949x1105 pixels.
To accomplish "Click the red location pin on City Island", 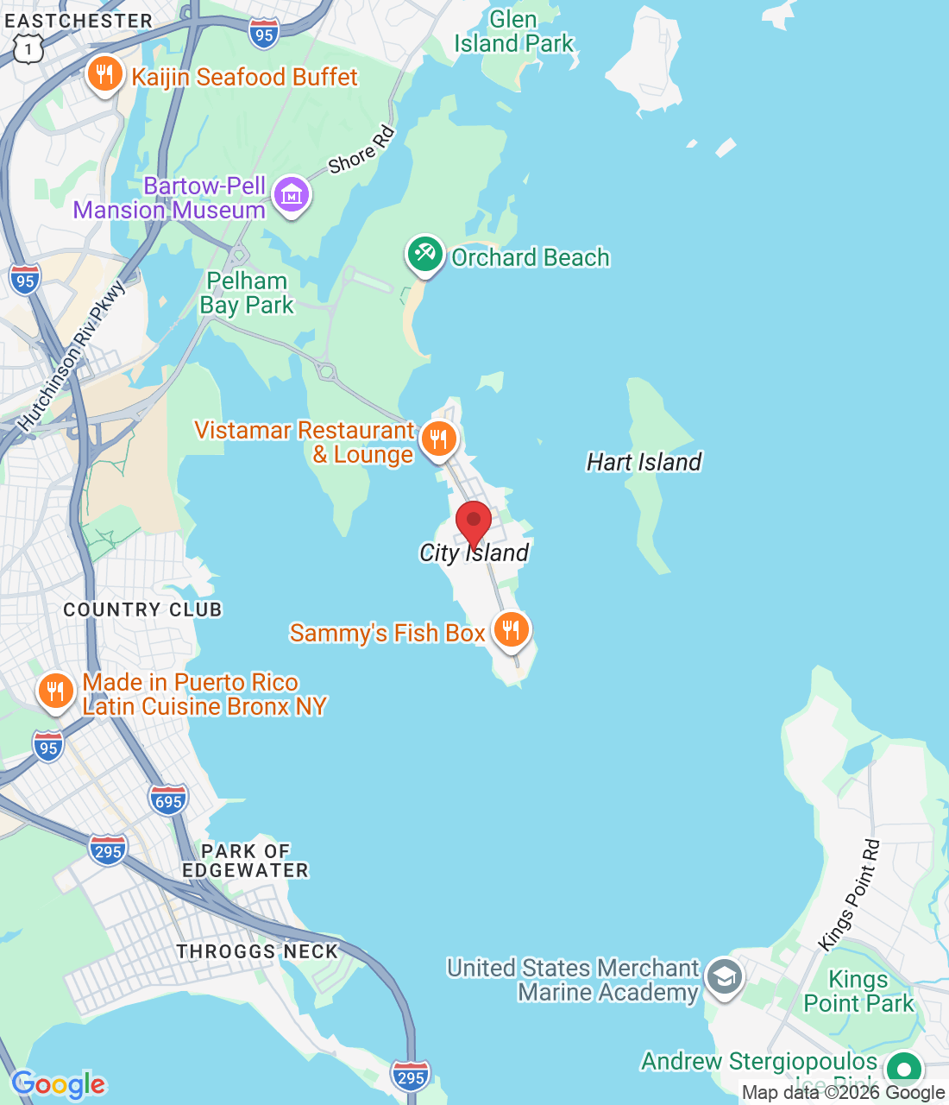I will click(x=473, y=521).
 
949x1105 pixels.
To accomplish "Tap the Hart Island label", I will click(x=644, y=463).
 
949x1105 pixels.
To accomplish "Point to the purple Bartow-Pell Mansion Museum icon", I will click(x=291, y=196).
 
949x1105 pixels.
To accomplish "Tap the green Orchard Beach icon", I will click(x=424, y=255).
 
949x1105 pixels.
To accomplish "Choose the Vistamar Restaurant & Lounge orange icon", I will click(x=438, y=439).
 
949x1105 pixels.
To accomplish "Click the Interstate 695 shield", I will click(x=168, y=800).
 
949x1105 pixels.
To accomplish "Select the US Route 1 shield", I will click(x=28, y=49).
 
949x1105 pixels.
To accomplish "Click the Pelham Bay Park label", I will click(x=247, y=294).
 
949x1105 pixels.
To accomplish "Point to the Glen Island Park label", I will click(x=513, y=32).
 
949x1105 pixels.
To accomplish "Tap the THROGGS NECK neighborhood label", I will click(x=257, y=951).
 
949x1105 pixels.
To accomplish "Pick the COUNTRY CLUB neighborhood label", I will click(x=142, y=609).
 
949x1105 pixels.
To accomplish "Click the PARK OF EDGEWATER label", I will click(x=245, y=861).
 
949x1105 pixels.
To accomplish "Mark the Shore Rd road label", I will click(x=361, y=149).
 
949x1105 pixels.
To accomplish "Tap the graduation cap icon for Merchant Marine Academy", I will click(x=724, y=978).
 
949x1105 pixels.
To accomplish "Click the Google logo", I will click(x=59, y=1084).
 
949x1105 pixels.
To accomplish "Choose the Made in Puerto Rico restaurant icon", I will click(x=55, y=691).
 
